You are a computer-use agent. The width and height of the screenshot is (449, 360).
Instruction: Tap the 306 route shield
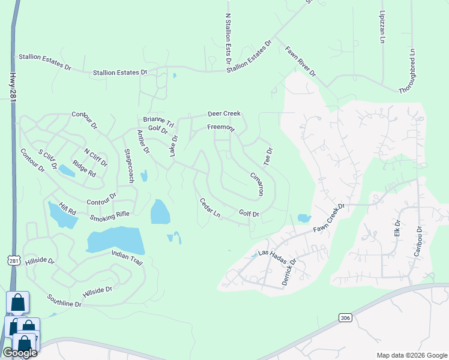coord(344,317)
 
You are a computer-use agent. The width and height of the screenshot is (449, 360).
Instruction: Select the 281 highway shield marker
coord(14,260)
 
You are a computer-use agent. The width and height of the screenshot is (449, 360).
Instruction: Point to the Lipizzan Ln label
coord(382,26)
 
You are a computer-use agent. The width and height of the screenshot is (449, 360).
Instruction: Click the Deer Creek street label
coord(224,113)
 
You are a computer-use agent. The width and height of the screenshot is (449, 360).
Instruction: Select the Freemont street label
coord(221,127)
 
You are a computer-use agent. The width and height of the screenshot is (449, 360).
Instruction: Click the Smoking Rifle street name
coord(110,214)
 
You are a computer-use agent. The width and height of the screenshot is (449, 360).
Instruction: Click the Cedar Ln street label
coord(210,208)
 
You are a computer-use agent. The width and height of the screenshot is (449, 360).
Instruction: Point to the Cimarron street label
coord(256,184)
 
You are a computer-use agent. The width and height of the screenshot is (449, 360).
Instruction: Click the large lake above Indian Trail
coord(115,241)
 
